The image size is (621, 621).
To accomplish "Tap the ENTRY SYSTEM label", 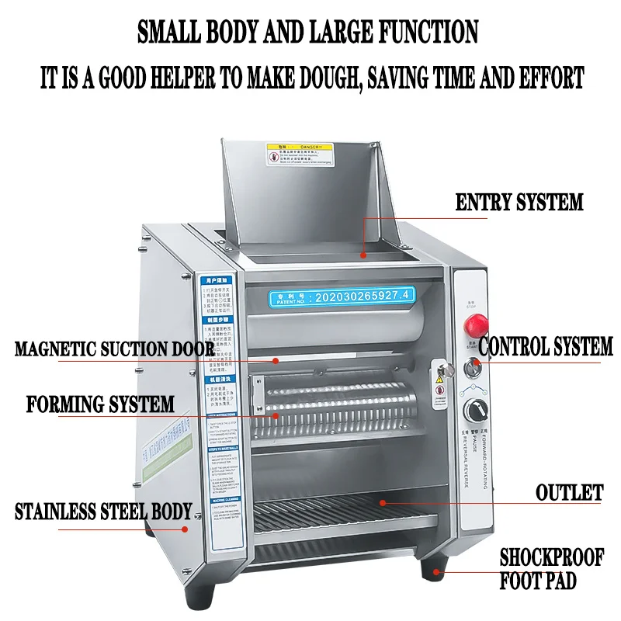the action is point(519,203).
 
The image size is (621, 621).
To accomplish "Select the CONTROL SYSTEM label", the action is point(546,346).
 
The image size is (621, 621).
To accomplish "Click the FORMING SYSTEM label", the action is point(100,404).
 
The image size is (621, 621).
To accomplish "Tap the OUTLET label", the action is point(569,492).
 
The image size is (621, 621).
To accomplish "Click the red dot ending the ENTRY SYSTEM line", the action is point(362,253).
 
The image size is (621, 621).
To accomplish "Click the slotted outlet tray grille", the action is point(342,512).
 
